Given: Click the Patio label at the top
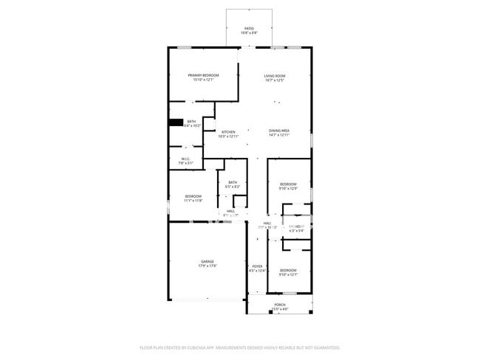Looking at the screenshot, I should tap(249, 28).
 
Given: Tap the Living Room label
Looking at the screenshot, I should tap(275, 75).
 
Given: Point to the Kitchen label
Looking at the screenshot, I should tap(228, 132).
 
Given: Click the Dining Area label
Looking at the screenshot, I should tap(279, 131).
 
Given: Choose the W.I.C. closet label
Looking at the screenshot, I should tap(185, 159).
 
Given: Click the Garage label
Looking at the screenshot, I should tap(208, 261).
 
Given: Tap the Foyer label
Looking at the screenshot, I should tap(258, 266).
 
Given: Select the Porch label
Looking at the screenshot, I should tap(280, 304).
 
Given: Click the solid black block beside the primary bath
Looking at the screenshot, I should tap(175, 123).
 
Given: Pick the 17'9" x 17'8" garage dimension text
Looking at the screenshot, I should tap(208, 266).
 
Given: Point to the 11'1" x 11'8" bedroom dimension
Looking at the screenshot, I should tap(193, 200).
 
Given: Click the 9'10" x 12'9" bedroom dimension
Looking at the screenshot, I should tap(288, 188).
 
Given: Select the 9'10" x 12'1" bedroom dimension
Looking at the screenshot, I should tap(288, 274).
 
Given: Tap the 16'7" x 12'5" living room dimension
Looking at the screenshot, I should tap(275, 80).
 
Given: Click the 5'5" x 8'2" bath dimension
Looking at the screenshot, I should tap(233, 187).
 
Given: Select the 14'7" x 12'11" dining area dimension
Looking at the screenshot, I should tap(279, 135).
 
